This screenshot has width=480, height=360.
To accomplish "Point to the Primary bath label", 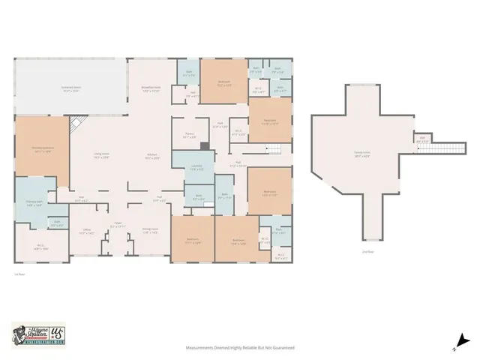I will pyautogui.click(x=34, y=204).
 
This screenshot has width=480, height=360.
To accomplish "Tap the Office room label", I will pyautogui.click(x=85, y=232).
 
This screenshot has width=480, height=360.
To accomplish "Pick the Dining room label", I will pyautogui.click(x=149, y=232).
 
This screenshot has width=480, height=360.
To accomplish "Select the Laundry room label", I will pyautogui.click(x=196, y=168).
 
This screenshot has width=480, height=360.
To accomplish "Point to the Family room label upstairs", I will pyautogui.click(x=362, y=156).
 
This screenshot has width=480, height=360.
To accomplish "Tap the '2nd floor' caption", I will pyautogui.click(x=367, y=251).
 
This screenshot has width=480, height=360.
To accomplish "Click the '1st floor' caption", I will pyautogui.click(x=19, y=277).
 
